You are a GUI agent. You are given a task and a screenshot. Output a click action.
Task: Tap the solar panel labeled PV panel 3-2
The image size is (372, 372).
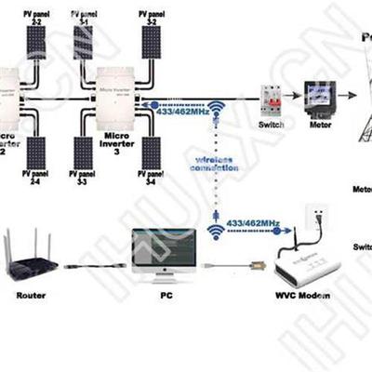pos(152,40)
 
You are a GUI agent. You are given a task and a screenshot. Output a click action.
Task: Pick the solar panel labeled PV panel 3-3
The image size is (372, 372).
pos(84,152)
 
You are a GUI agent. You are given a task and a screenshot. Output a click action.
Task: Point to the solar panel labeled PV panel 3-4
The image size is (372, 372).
pos(152,152)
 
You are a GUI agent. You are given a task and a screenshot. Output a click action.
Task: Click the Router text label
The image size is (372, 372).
pos(31,296)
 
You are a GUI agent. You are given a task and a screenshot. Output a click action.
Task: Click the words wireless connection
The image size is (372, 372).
pos(215,164)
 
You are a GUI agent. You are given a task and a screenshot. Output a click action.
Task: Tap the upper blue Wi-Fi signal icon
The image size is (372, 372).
pos(216,110)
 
